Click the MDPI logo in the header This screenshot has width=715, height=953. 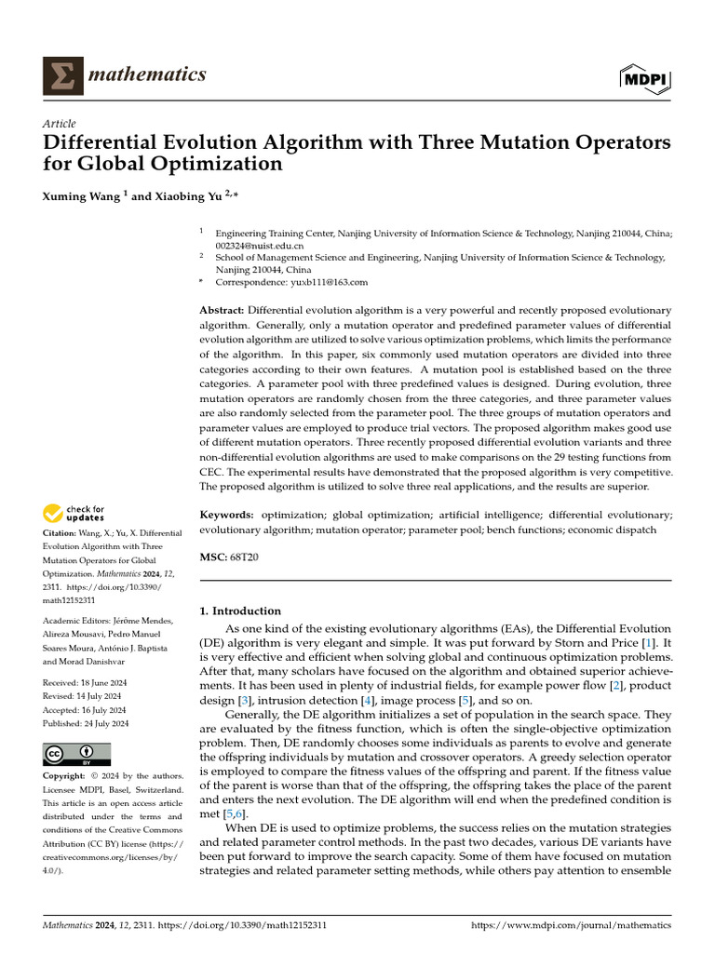(645, 79)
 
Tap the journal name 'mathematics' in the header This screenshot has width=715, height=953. (146, 74)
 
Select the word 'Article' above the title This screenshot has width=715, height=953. (60, 124)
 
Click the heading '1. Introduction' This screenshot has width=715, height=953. (241, 611)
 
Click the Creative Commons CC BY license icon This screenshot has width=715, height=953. (77, 754)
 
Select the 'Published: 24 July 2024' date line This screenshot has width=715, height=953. (86, 723)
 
